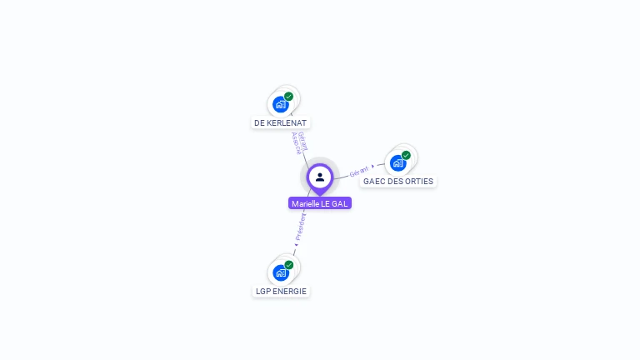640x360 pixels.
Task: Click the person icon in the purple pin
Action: [x=320, y=177]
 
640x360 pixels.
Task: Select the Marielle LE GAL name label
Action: [x=320, y=203]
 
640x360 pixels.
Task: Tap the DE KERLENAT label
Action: [x=280, y=122]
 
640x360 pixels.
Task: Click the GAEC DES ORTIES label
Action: [x=398, y=181]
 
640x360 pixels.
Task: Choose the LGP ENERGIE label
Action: [x=281, y=291]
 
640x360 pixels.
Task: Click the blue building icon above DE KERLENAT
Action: [x=280, y=105]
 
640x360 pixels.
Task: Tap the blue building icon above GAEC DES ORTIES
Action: [x=397, y=163]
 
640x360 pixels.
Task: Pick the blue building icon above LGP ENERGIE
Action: [x=281, y=273]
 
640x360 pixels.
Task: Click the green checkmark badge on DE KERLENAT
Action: [x=289, y=97]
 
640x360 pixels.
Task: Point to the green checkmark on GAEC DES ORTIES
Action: [x=407, y=155]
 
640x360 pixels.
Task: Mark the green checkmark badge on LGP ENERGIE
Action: [x=289, y=265]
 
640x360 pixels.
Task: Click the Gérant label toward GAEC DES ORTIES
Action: [x=358, y=170]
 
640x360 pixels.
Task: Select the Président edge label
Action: [x=301, y=226]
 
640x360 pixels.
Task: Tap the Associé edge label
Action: [x=296, y=143]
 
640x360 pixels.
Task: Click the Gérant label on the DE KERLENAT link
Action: [x=302, y=140]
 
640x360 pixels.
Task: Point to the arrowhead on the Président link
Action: [x=295, y=244]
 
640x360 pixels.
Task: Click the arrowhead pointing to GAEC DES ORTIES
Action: [x=372, y=166]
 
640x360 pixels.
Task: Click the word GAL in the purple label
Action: [x=340, y=203]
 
